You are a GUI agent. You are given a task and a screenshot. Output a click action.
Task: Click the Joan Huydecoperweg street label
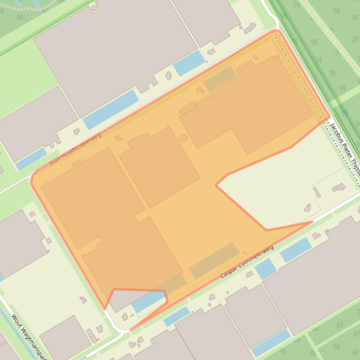[x=75, y=149]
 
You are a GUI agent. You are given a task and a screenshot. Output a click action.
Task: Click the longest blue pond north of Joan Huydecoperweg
[x=111, y=109]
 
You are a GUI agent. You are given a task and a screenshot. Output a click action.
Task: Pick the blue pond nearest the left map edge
[x=31, y=159]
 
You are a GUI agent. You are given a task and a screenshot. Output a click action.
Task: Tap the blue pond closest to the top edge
[x=189, y=63]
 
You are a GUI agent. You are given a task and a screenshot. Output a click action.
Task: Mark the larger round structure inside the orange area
[x=183, y=137]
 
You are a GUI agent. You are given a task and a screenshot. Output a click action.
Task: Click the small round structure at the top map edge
[x=95, y=7]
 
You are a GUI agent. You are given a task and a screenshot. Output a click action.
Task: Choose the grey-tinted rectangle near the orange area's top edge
[x=219, y=79]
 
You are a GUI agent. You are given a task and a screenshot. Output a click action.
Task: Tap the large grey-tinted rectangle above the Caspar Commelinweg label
[x=214, y=260]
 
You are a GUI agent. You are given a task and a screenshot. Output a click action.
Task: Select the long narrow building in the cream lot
[x=317, y=192]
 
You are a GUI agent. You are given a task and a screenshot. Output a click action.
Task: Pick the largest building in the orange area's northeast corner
[x=262, y=104]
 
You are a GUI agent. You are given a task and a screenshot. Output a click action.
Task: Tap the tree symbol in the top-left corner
[x=20, y=18]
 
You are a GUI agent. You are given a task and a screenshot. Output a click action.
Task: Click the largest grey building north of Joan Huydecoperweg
[x=115, y=51]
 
